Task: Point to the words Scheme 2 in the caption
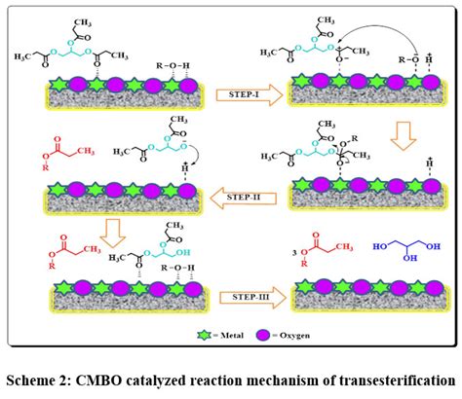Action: (51, 377)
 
